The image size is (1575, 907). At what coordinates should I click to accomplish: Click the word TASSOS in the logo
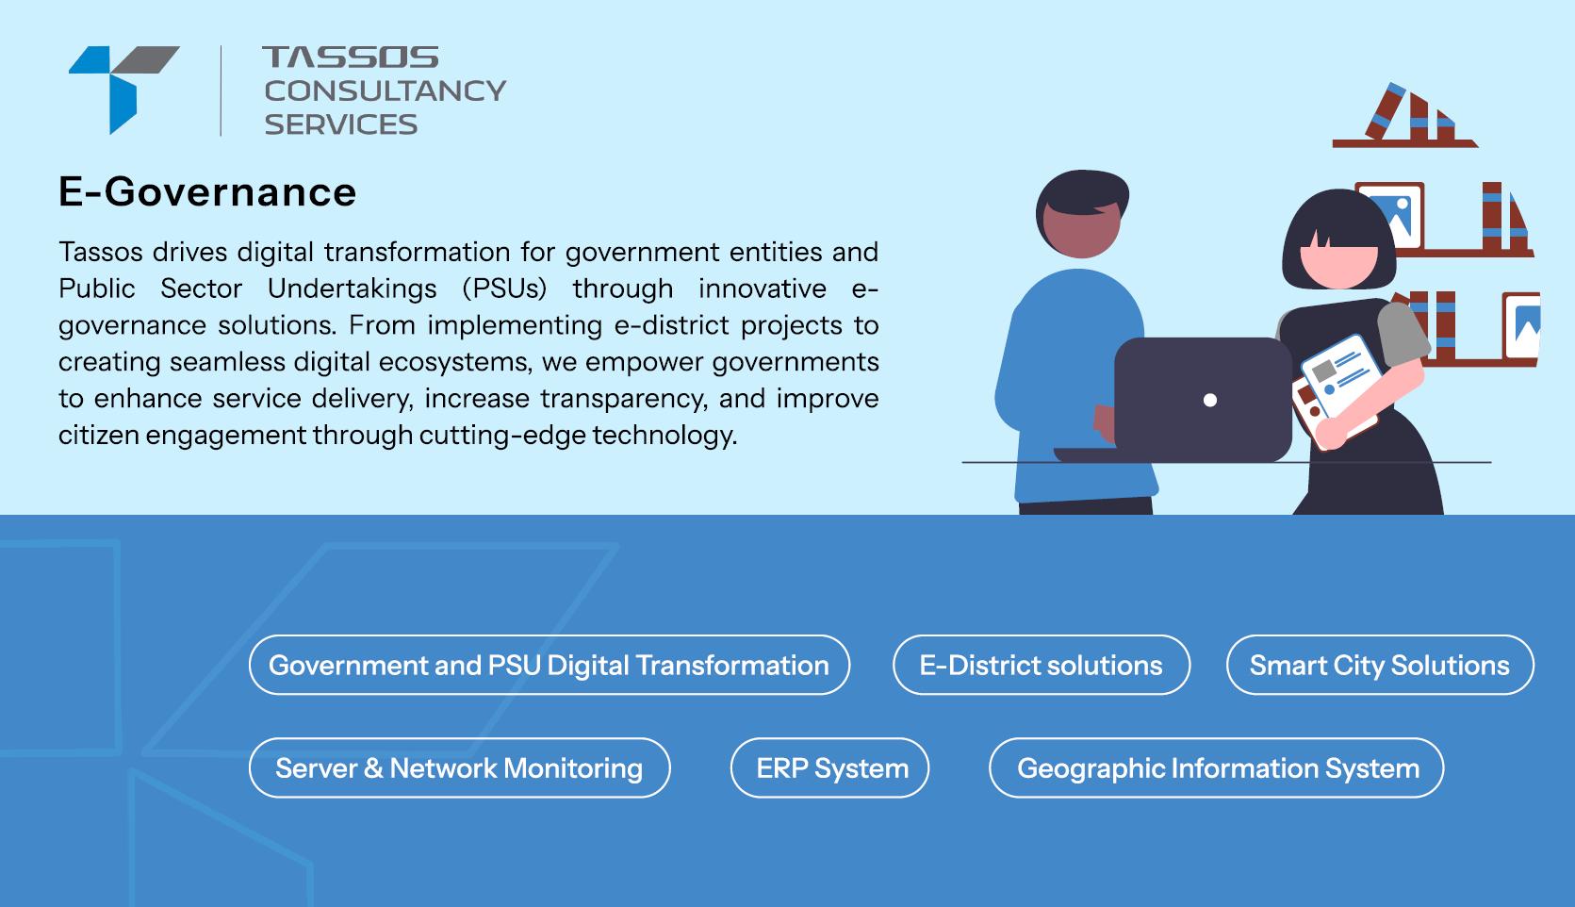pos(350,57)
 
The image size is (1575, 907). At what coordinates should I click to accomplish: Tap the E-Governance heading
pos(207,192)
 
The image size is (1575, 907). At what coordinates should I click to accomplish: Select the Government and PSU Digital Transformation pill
pos(550,665)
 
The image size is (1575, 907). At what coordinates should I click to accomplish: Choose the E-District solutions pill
pos(1042,665)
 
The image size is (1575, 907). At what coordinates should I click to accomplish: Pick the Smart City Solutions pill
pos(1380,665)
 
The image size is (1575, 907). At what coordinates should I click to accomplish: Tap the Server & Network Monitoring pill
pos(459,767)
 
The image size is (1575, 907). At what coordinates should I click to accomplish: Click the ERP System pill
pos(829,767)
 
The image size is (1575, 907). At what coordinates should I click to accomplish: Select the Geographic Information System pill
pos(1217,767)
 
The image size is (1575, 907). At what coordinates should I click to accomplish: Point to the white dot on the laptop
pos(1210,400)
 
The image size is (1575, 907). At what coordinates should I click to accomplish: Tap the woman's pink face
pos(1338,264)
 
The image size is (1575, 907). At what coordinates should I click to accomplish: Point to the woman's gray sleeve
pos(1402,334)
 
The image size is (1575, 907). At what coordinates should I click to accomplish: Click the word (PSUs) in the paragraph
pos(504,289)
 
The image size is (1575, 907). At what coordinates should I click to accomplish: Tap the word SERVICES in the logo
pos(341,124)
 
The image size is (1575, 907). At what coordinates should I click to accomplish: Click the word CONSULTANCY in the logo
pos(386,91)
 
